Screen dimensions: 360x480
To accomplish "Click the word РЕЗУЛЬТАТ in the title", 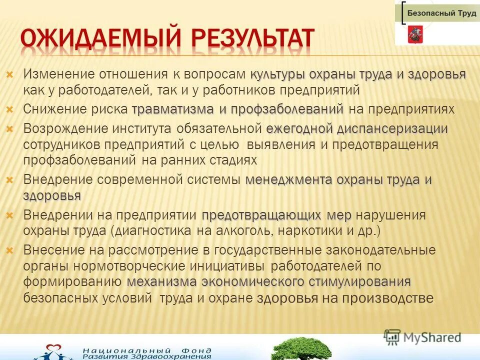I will click(247, 40).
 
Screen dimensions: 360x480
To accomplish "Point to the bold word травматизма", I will click(172, 109).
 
